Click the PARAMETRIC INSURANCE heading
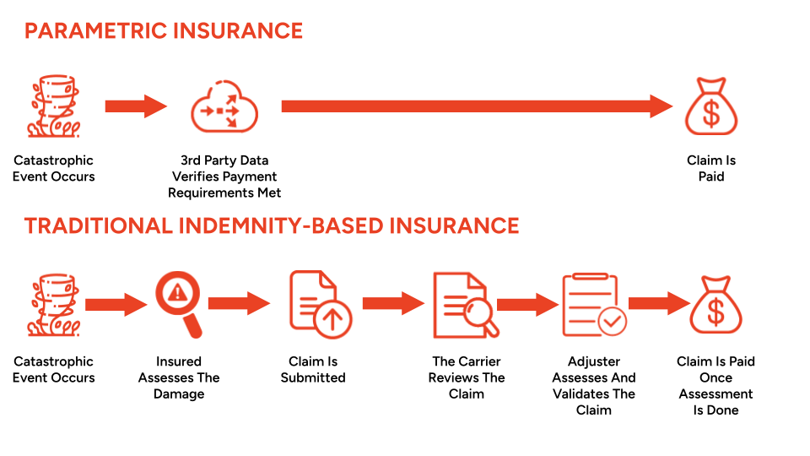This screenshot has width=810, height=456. (164, 31)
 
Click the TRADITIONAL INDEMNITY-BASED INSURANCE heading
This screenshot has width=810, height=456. (272, 225)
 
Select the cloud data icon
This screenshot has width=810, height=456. (224, 108)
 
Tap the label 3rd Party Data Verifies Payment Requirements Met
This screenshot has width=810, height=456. (224, 176)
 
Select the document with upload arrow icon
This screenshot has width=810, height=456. (313, 303)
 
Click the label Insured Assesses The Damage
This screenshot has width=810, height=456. (179, 377)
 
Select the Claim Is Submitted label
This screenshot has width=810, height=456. (313, 369)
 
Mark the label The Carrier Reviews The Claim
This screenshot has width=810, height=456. (467, 377)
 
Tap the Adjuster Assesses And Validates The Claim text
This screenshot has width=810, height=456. (594, 386)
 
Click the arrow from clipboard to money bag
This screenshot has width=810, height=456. (660, 303)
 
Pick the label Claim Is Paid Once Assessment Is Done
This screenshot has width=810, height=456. (715, 386)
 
